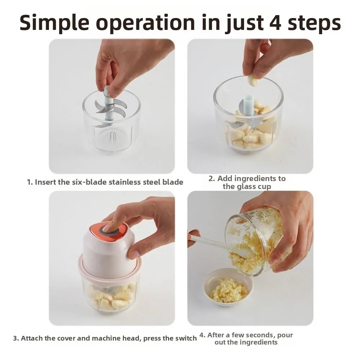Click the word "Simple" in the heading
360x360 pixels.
pos(54,22)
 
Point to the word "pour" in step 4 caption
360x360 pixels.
pos(285,336)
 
